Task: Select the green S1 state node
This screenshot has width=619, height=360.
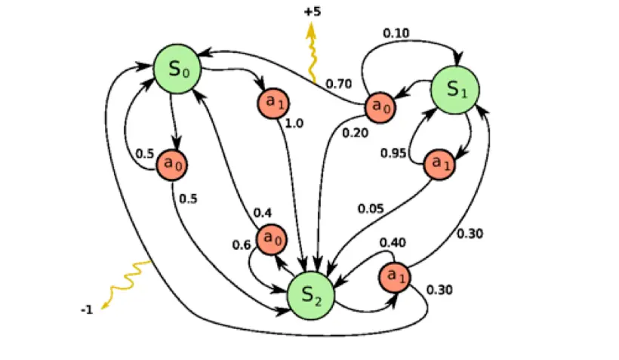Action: pyautogui.click(x=454, y=89)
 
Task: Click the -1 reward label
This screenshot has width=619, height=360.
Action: pyautogui.click(x=87, y=309)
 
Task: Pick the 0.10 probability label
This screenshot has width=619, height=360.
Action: pyautogui.click(x=396, y=33)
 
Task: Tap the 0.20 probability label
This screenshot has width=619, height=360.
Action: pyautogui.click(x=355, y=132)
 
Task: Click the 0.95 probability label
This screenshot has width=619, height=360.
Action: pyautogui.click(x=393, y=153)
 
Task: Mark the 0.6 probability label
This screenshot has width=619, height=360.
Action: pyautogui.click(x=241, y=245)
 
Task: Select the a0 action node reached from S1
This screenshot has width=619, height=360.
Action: pyautogui.click(x=380, y=107)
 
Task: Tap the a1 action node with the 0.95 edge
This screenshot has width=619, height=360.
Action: pyautogui.click(x=437, y=164)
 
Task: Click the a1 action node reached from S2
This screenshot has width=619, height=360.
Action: pyautogui.click(x=394, y=277)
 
